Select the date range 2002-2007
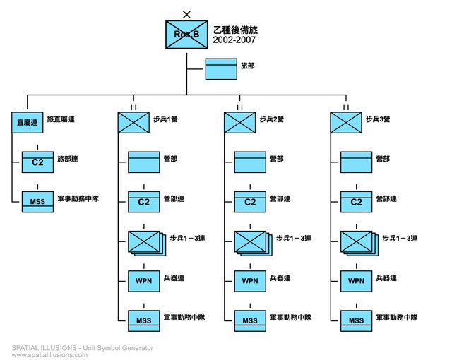pyautogui.click(x=234, y=40)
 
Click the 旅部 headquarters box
pyautogui.click(x=221, y=68)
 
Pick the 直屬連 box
pyautogui.click(x=28, y=122)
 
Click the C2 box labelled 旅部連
pyautogui.click(x=37, y=161)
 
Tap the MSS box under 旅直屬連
pyautogui.click(x=37, y=200)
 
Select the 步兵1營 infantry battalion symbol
pyautogui.click(x=133, y=122)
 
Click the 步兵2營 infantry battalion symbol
pyautogui.click(x=239, y=122)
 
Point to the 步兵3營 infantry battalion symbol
pyautogui.click(x=346, y=122)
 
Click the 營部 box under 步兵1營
pyautogui.click(x=143, y=162)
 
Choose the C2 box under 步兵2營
pyautogui.click(x=250, y=201)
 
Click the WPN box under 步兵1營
pyautogui.click(x=143, y=280)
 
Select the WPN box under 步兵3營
pyautogui.click(x=357, y=280)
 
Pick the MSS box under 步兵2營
pyautogui.click(x=250, y=320)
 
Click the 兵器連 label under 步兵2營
pyautogui.click(x=280, y=278)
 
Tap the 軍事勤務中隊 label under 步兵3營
pyautogui.click(x=398, y=318)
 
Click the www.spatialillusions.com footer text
pyautogui.click(x=49, y=355)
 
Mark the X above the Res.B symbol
pyautogui.click(x=186, y=13)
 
